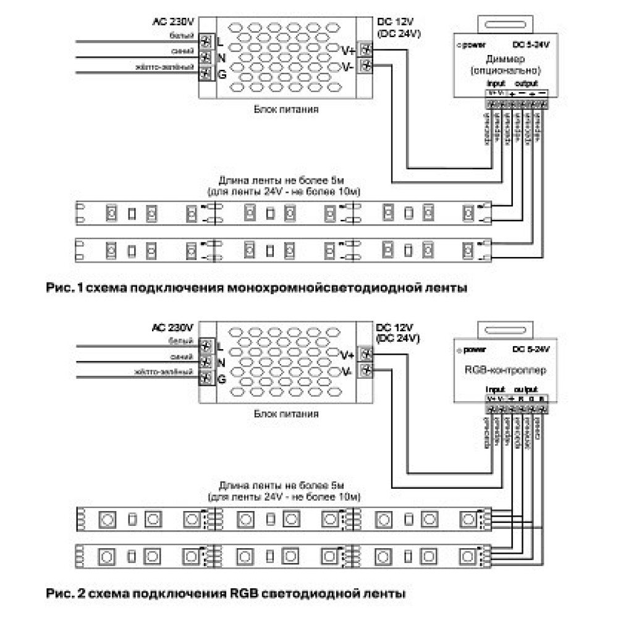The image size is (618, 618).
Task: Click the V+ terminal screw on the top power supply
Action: (367, 49)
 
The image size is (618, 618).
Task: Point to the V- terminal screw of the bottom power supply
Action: (367, 371)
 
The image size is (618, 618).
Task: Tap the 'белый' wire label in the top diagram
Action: (185, 36)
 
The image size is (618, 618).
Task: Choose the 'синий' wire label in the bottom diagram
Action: (185, 358)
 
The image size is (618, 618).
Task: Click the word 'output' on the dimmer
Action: (527, 83)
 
